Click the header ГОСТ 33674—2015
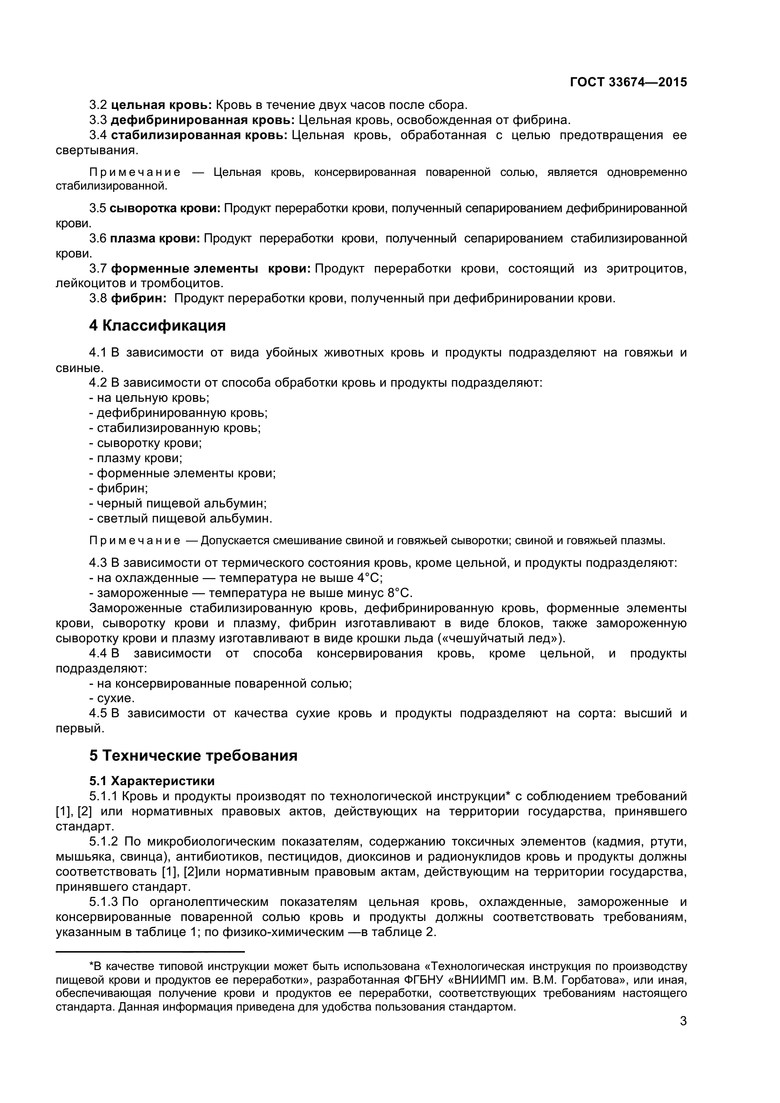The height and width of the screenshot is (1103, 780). pyautogui.click(x=628, y=82)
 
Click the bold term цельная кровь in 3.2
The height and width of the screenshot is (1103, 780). pyautogui.click(x=161, y=105)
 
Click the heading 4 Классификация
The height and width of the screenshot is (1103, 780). pyautogui.click(x=157, y=326)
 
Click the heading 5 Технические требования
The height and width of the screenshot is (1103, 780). pyautogui.click(x=193, y=755)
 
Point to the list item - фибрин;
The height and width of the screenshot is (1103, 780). pyautogui.click(x=119, y=489)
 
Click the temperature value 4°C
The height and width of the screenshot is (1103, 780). pyautogui.click(x=369, y=578)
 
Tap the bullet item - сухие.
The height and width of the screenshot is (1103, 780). pyautogui.click(x=112, y=698)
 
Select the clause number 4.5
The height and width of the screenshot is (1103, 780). pyautogui.click(x=98, y=713)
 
